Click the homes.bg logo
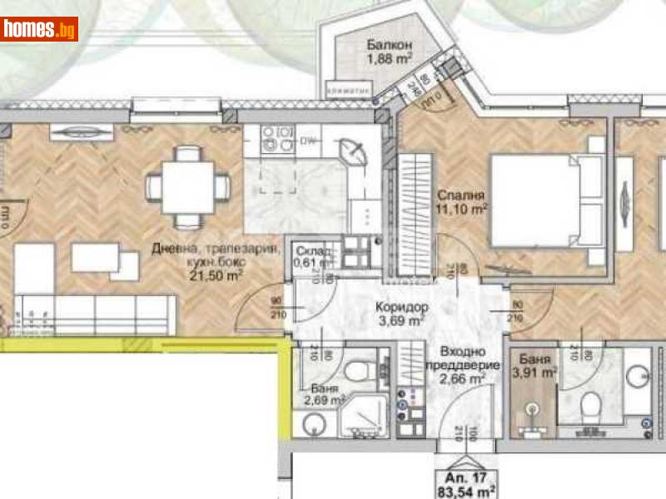point(39,29)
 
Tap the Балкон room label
point(388,45)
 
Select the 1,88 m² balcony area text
point(388,60)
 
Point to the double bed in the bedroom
point(545,200)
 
